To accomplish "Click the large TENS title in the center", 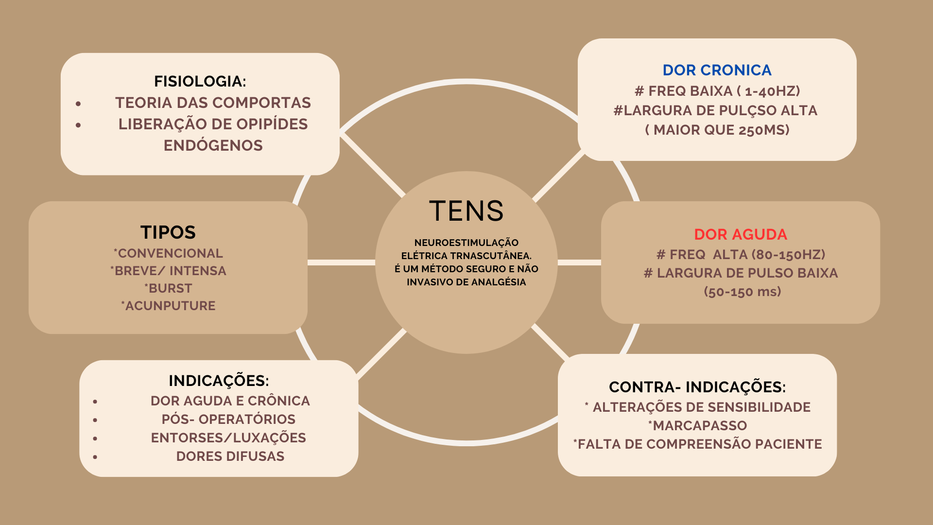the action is point(466,211).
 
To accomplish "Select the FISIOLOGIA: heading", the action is point(200,81).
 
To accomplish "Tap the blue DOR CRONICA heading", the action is point(717,70).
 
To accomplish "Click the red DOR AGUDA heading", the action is point(741,234).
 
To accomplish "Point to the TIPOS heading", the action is point(168,232).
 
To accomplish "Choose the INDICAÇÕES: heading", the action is point(219,381).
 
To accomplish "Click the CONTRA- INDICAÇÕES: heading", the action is point(697,387).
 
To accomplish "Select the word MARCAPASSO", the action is point(700,426).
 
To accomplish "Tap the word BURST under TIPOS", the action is point(170,288).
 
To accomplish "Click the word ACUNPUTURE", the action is point(170,306).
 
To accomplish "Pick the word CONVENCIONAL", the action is point(170,253).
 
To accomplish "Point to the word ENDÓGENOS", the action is point(213,145).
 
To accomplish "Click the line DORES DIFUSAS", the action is point(230,456).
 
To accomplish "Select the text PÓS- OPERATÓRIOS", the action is point(228,420).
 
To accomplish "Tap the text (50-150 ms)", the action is point(743,292).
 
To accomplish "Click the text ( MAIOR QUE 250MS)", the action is point(717,130).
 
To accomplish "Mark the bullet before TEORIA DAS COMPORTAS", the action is point(78,104).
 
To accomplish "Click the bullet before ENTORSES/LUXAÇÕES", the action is point(95,438).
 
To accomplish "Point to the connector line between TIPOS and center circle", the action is point(341,262).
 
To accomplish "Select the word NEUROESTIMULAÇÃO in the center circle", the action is point(466,243).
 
